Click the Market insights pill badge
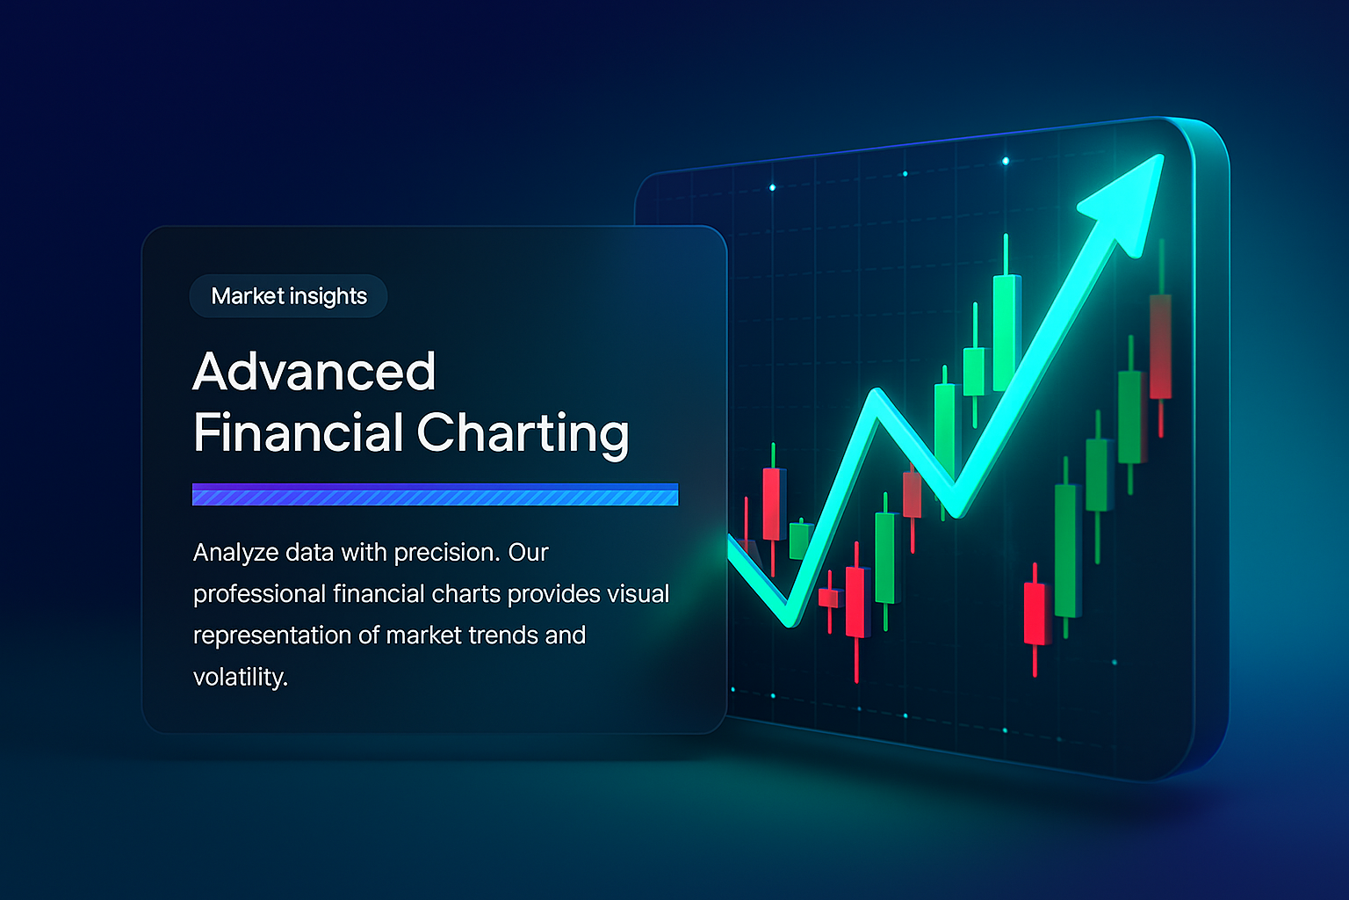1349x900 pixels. [288, 296]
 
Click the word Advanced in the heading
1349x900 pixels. [314, 371]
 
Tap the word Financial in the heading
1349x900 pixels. [298, 432]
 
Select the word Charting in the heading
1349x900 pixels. [523, 434]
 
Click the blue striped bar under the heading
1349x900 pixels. [435, 494]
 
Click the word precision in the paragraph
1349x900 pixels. [446, 553]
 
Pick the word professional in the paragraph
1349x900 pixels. [260, 594]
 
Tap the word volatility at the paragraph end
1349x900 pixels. [241, 677]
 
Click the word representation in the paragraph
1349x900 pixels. [272, 635]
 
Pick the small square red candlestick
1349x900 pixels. [830, 598]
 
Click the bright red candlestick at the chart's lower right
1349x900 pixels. [1035, 613]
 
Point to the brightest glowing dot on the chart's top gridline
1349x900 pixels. [1005, 161]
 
